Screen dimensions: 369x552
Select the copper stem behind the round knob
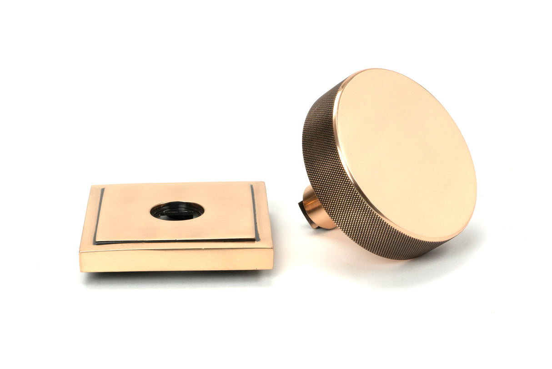click(316, 209)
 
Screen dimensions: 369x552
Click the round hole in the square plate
click(177, 211)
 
